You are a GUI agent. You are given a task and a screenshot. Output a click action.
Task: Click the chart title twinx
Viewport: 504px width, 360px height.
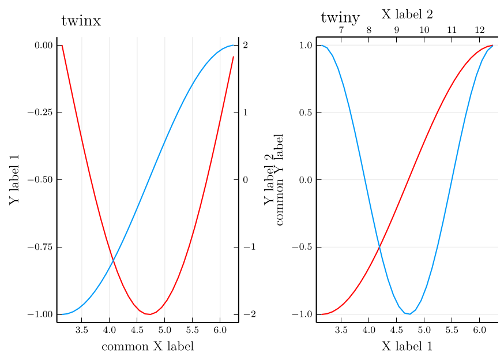(81, 21)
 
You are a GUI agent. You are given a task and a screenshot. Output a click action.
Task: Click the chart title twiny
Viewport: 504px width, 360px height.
(340, 18)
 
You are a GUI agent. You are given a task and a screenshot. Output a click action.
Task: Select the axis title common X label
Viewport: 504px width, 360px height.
(147, 347)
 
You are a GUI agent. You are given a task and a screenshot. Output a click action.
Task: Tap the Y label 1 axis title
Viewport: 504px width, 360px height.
(15, 179)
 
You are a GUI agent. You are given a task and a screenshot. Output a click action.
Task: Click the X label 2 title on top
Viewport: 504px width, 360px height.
(407, 14)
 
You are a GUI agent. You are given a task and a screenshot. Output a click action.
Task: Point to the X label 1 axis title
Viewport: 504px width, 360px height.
(407, 346)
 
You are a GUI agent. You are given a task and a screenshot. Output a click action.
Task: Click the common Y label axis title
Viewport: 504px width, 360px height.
(280, 179)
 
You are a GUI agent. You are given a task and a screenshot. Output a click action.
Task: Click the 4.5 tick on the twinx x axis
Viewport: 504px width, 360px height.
(137, 331)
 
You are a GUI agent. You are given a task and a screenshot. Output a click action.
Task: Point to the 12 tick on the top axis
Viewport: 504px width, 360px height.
(480, 30)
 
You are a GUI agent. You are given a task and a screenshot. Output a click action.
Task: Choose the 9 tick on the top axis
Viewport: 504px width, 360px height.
(396, 30)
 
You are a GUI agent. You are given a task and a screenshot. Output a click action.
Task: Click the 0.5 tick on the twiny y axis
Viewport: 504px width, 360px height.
(306, 112)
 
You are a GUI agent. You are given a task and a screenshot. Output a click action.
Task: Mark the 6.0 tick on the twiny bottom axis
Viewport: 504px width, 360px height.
(479, 331)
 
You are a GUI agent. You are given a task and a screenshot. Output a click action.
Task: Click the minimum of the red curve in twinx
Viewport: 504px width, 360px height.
(148, 314)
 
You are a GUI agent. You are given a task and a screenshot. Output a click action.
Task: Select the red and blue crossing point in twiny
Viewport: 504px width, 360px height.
(379, 247)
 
